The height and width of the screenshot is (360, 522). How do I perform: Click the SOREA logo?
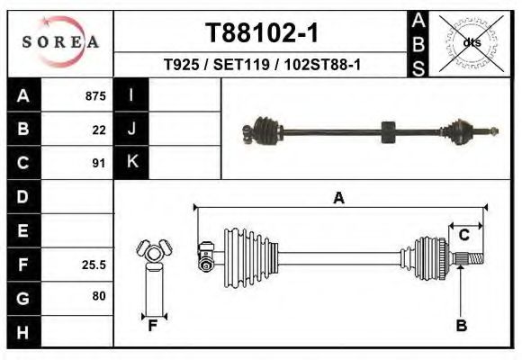pos(61,42)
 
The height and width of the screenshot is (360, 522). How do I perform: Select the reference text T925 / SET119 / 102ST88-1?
pos(261,65)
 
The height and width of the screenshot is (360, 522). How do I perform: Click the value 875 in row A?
pos(95,96)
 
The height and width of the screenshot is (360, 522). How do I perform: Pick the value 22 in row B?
pos(99,130)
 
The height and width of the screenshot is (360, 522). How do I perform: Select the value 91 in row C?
pos(99,164)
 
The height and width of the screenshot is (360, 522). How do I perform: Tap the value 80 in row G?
pos(98,296)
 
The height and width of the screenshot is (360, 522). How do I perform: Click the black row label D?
pos(22,197)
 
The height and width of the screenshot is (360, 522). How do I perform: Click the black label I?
pos(131,96)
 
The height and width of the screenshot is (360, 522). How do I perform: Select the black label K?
pos(131,163)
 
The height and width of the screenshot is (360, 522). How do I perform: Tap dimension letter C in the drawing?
pos(464,235)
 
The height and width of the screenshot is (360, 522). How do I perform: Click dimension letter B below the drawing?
pos(462,326)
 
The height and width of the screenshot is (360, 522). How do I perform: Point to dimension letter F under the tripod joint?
pos(153,326)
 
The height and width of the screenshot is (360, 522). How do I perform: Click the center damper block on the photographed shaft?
pos(389,132)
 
